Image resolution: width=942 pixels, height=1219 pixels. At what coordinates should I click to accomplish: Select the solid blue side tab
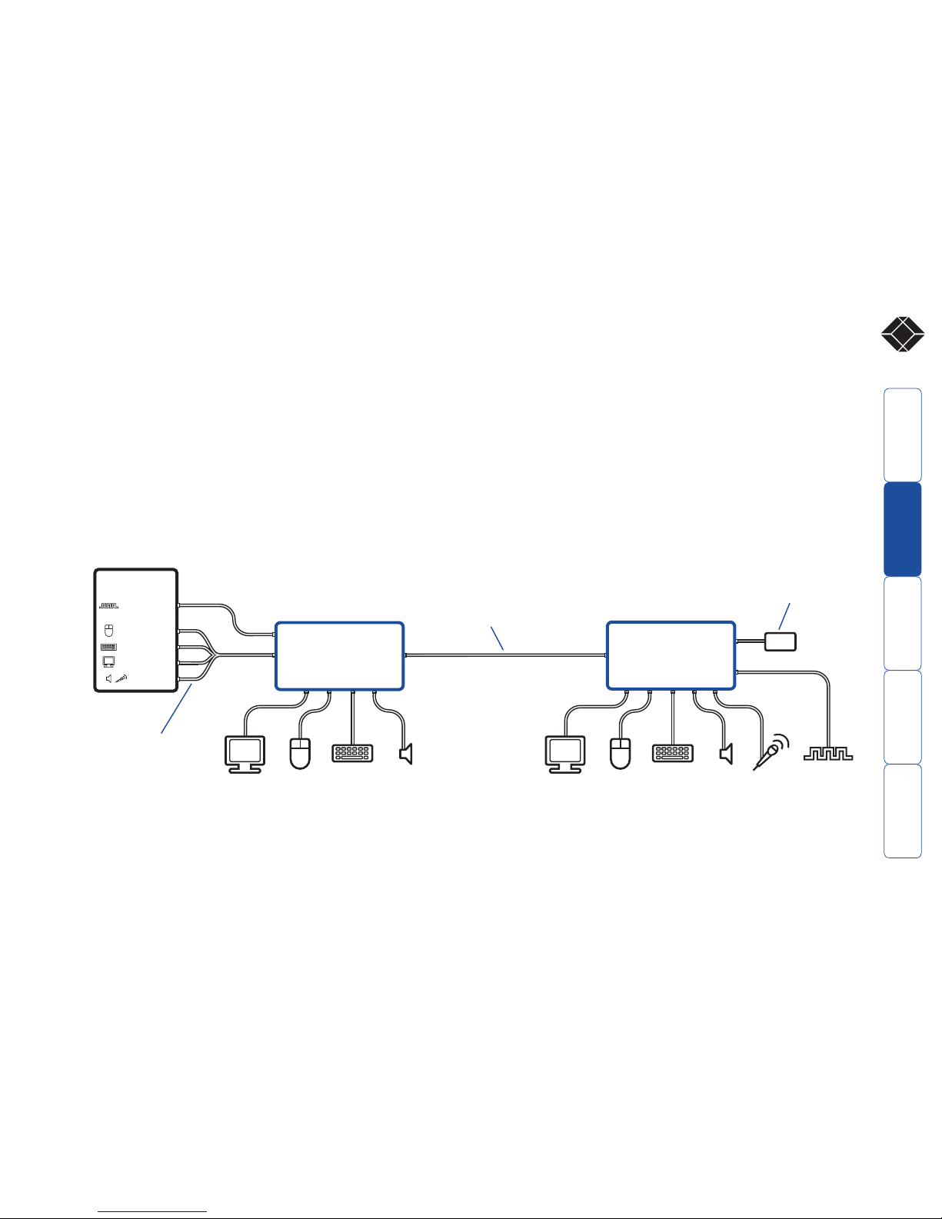click(903, 529)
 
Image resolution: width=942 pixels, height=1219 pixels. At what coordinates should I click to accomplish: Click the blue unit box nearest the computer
click(339, 656)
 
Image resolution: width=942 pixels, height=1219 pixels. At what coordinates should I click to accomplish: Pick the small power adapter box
click(781, 641)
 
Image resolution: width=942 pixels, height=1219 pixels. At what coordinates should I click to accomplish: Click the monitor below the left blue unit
click(245, 754)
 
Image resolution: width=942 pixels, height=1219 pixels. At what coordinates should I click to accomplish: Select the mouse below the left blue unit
click(300, 753)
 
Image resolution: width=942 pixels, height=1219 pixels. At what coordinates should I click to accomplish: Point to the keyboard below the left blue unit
click(353, 752)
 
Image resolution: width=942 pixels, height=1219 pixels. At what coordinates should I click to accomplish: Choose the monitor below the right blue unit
click(565, 754)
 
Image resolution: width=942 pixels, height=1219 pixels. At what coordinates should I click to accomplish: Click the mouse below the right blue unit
click(620, 753)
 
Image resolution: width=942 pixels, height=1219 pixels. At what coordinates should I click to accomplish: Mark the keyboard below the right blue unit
click(673, 752)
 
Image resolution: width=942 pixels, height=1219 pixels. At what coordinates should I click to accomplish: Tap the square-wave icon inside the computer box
click(108, 606)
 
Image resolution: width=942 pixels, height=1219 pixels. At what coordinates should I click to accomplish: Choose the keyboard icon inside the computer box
click(108, 648)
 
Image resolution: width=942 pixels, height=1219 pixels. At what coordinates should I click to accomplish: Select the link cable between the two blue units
click(505, 655)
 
